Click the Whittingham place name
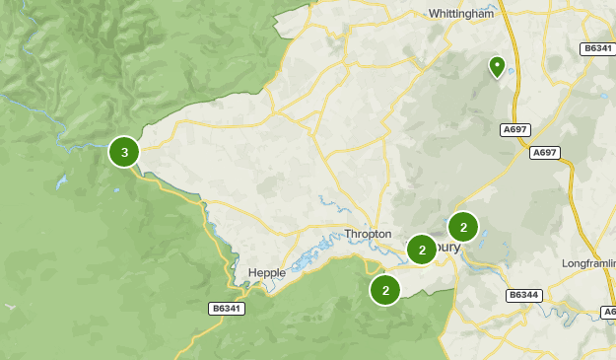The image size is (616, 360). (461, 14)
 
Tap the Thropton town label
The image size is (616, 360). (368, 234)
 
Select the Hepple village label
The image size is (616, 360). (266, 273)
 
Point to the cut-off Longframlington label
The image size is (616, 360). (588, 263)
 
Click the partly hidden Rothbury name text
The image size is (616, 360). (447, 248)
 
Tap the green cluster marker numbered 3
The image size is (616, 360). (124, 152)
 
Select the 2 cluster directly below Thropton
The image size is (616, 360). (385, 290)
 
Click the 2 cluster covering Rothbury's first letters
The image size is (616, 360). (422, 250)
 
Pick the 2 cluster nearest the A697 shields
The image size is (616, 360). (463, 227)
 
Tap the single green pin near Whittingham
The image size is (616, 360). (498, 66)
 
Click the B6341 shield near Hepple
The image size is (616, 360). (227, 309)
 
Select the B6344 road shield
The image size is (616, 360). (522, 295)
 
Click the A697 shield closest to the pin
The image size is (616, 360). (514, 128)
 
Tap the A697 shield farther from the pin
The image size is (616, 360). (544, 152)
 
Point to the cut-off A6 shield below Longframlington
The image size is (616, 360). (608, 312)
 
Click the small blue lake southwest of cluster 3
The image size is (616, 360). (61, 183)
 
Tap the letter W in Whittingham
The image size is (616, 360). (435, 14)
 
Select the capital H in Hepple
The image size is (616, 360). (251, 273)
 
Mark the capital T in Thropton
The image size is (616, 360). (347, 234)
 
